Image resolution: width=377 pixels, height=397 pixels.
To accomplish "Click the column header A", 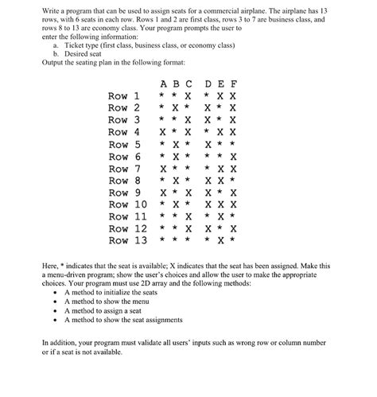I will coord(163,83).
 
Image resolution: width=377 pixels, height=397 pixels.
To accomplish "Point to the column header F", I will coord(233,83).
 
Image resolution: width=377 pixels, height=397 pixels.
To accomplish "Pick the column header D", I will coord(208,83).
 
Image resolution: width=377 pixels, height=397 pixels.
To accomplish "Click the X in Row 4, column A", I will coord(163,132).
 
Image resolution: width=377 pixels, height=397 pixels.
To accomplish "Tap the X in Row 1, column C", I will coord(188,95).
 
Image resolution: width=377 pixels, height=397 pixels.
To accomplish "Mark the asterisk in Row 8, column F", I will coord(233,180).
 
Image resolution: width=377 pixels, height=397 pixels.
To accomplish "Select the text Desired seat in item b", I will coord(86,54).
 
